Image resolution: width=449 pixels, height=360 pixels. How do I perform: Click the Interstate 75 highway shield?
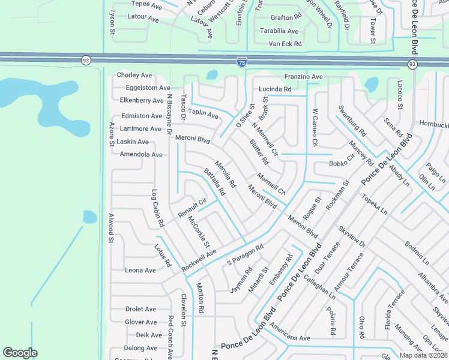[241, 62]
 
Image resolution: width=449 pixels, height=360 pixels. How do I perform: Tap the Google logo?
[20, 353]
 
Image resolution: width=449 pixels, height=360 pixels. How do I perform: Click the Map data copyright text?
[423, 355]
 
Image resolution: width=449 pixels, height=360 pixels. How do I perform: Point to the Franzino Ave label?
[304, 77]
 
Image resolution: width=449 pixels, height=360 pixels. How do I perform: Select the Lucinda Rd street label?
[275, 89]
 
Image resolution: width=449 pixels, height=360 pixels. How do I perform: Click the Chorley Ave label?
[134, 75]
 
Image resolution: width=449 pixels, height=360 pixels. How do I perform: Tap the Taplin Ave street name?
[203, 112]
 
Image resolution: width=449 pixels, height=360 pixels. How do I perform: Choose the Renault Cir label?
[192, 208]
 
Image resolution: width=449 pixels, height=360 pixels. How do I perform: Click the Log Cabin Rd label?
[157, 208]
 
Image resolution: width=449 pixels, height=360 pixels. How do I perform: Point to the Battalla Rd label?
[214, 182]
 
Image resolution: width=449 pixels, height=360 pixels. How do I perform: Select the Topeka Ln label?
[374, 204]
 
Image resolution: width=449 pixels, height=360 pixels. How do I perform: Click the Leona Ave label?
[140, 270]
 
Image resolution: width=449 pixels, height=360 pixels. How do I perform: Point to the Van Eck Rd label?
[285, 44]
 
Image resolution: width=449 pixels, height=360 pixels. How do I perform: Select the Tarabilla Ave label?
[279, 31]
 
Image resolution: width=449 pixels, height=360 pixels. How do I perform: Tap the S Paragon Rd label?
[246, 256]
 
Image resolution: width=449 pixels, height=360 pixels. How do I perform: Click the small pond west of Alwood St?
[89, 216]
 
